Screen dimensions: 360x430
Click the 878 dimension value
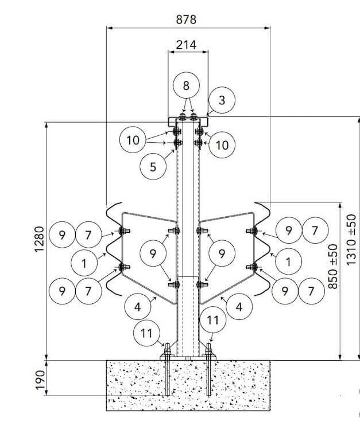click(x=186, y=19)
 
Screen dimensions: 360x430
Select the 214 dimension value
click(x=186, y=45)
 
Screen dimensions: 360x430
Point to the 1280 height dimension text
click(x=39, y=239)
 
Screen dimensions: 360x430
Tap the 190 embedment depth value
click(x=40, y=380)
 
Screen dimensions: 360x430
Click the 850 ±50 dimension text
click(x=333, y=266)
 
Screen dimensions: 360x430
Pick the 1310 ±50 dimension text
click(x=351, y=240)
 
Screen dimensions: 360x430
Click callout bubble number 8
click(x=186, y=85)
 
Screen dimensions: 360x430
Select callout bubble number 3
click(x=222, y=100)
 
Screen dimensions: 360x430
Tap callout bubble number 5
click(x=153, y=166)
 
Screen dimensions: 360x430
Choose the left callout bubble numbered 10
click(x=133, y=140)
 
